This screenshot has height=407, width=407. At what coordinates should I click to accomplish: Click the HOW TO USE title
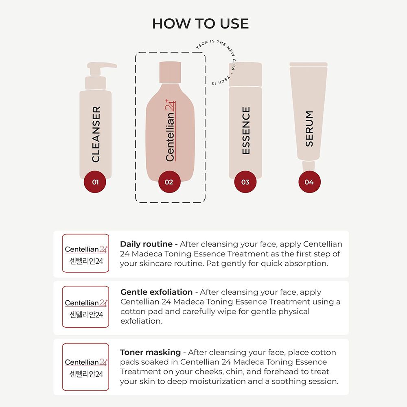[x=200, y=24]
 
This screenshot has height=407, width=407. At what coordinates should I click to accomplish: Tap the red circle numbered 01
[x=95, y=182]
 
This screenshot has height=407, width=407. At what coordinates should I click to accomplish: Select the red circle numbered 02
[x=169, y=182]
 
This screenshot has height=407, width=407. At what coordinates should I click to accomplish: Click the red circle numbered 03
[x=245, y=182]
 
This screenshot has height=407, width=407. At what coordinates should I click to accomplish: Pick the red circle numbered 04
[x=309, y=182]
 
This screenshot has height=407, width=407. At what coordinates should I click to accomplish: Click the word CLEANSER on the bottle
[x=96, y=134]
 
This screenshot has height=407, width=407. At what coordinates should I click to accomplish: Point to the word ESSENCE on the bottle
[x=246, y=130]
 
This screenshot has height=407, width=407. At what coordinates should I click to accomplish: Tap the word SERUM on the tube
[x=309, y=129]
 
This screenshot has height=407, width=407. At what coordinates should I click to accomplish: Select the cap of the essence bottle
[x=245, y=74]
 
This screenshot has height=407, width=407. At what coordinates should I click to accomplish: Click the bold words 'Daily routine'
[x=146, y=244]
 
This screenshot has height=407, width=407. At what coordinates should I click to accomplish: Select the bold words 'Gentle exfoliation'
[x=157, y=292]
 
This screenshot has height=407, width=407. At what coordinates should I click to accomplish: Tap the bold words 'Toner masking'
[x=150, y=352]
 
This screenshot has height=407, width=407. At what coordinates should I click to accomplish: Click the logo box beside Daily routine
[x=86, y=253]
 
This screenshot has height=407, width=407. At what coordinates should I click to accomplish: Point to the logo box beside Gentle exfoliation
[x=86, y=307]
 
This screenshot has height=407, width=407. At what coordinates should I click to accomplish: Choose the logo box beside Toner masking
[x=86, y=367]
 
